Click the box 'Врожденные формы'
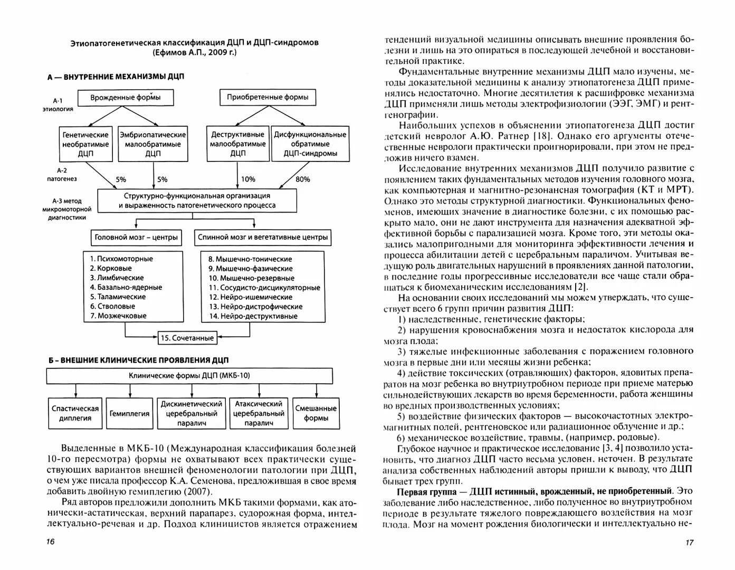tap(125, 98)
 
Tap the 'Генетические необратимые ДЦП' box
tap(85, 144)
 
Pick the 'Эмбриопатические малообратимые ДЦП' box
tap(153, 144)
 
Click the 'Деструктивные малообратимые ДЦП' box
tap(238, 144)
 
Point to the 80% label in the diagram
tap(303, 179)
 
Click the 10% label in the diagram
tap(248, 179)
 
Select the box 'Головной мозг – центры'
tap(136, 237)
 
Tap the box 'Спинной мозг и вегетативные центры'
tap(263, 237)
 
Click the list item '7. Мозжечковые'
tap(118, 316)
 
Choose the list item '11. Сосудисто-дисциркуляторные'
tap(264, 288)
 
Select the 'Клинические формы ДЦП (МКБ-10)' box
tap(189, 376)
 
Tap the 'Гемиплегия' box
tap(129, 414)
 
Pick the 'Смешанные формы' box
tap(316, 413)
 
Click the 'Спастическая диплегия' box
tap(75, 413)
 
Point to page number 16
tap(50, 542)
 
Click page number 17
tap(689, 543)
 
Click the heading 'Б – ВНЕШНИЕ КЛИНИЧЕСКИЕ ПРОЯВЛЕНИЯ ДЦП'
tap(138, 360)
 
